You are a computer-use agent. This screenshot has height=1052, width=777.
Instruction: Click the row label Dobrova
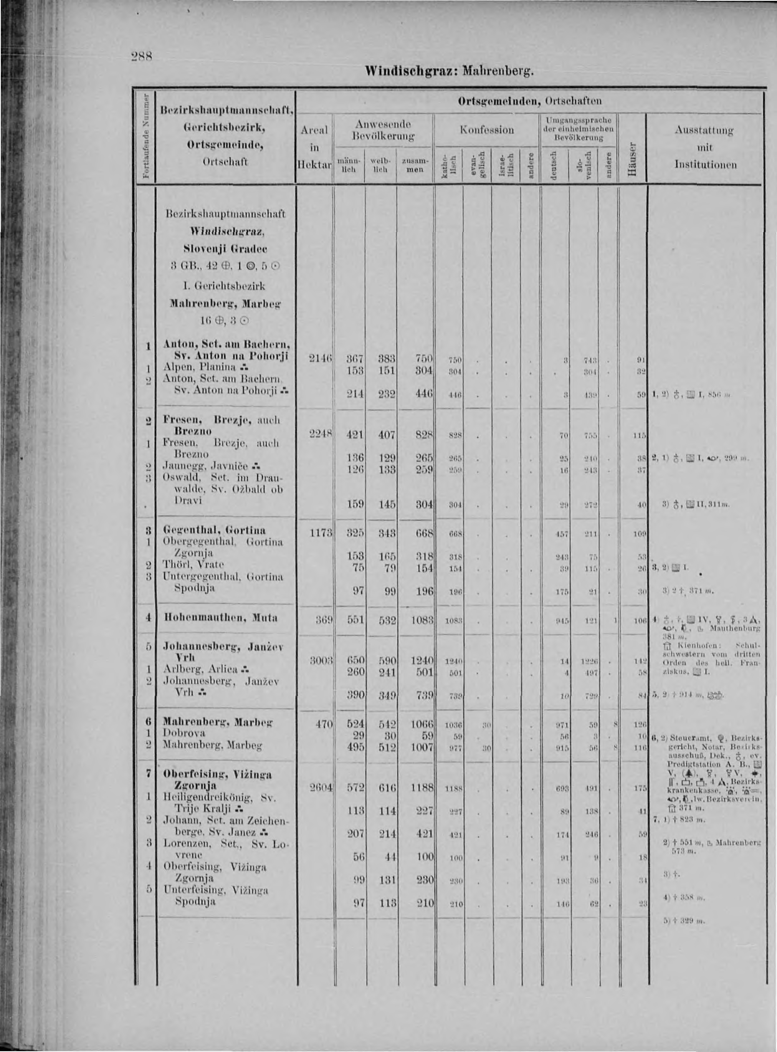(184, 733)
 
